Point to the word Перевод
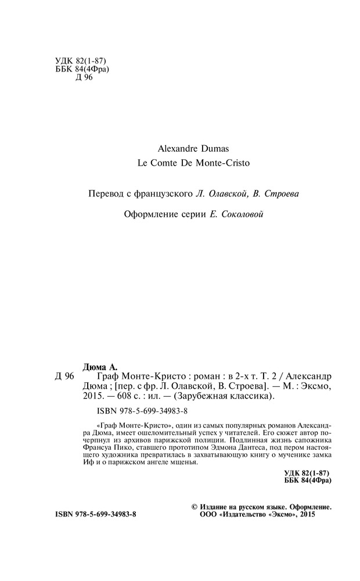(102, 193)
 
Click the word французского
(157, 193)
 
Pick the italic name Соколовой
(239, 214)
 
